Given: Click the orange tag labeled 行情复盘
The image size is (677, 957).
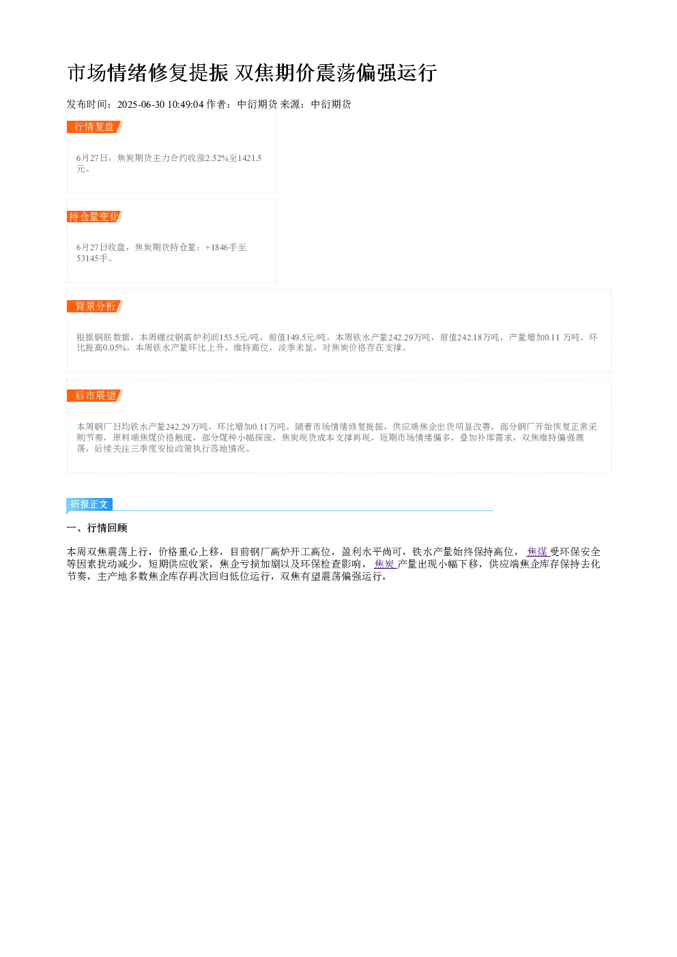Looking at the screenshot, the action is click(x=94, y=127).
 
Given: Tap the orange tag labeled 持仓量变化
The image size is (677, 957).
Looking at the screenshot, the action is click(x=94, y=217).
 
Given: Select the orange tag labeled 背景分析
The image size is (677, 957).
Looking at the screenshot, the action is click(x=94, y=306).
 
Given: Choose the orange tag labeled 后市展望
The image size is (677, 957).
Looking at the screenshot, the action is click(x=94, y=396).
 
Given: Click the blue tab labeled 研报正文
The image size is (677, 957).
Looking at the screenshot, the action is click(x=89, y=504).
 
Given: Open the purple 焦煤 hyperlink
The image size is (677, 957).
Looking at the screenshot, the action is click(x=538, y=552).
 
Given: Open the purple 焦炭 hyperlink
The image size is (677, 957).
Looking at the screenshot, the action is click(x=385, y=564).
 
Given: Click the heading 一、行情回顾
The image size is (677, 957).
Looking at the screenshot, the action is click(x=97, y=528).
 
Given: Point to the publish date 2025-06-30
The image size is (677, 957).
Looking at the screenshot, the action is click(x=141, y=104).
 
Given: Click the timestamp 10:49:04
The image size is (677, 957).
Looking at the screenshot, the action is click(x=186, y=104).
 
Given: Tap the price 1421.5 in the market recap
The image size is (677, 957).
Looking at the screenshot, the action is click(x=250, y=158).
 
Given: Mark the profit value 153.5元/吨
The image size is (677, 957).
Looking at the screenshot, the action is click(x=239, y=338).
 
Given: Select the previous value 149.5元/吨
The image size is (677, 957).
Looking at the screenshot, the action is click(x=306, y=338).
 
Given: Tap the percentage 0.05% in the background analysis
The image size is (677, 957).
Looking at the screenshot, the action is click(x=115, y=348).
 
